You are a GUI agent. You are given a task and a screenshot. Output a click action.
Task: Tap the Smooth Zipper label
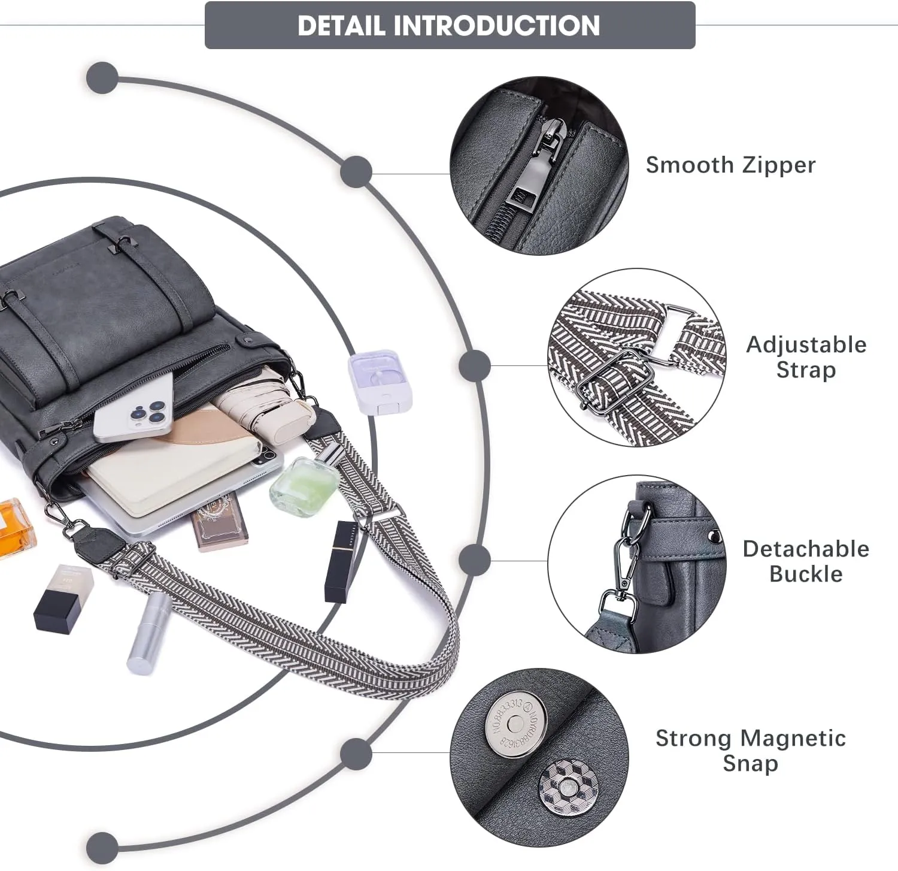(730, 165)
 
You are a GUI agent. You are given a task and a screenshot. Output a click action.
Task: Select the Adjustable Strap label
(806, 357)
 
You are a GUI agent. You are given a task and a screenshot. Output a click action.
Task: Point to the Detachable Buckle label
(806, 561)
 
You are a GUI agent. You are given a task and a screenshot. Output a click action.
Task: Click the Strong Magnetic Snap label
(750, 751)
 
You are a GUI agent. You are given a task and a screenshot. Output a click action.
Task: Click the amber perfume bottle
(15, 527)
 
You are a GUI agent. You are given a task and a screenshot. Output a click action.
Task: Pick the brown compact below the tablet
(218, 519)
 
